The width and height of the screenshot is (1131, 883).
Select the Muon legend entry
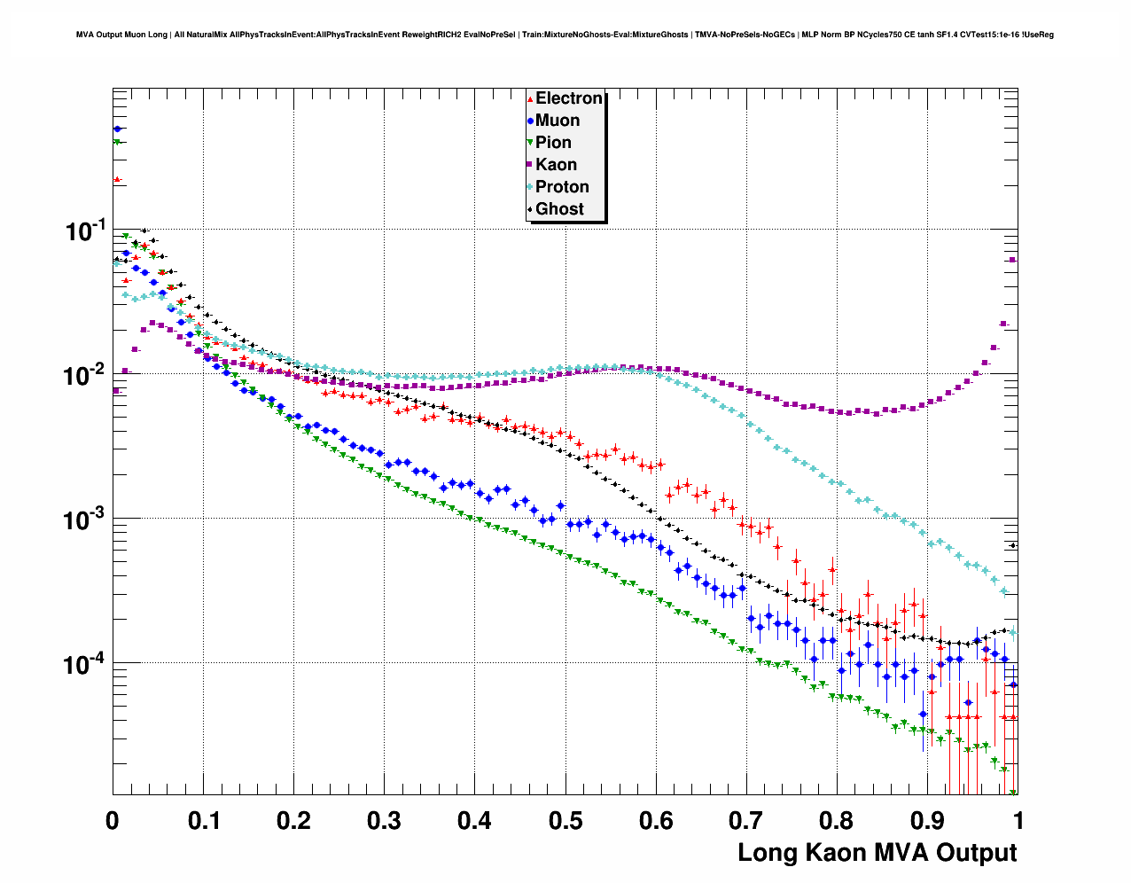[558, 121]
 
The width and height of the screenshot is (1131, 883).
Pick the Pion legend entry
[553, 143]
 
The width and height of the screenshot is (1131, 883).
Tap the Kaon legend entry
[556, 165]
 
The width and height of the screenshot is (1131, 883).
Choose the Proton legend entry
[562, 187]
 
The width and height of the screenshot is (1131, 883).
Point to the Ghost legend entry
[559, 209]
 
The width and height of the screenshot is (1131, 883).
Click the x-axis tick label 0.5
[565, 821]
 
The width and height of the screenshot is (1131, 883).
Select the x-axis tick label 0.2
[293, 821]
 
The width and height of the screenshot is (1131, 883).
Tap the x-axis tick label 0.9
[927, 821]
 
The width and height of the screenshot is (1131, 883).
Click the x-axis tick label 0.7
[746, 821]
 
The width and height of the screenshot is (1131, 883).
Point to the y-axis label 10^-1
[85, 231]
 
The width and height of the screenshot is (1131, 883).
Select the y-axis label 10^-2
[85, 375]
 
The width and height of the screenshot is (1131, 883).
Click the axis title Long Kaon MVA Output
[877, 853]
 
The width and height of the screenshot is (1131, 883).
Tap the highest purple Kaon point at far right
[1013, 260]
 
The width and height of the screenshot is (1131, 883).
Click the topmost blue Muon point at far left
[118, 129]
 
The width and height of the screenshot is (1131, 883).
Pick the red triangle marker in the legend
[530, 98]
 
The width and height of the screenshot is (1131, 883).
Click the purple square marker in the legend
[530, 165]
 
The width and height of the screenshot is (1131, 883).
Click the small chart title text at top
[565, 35]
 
